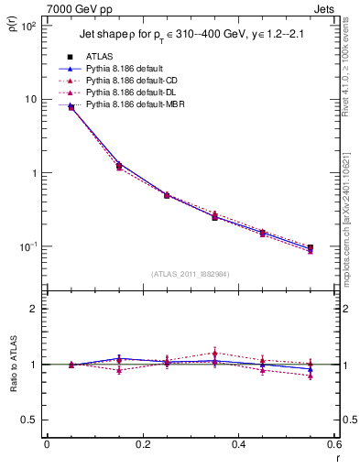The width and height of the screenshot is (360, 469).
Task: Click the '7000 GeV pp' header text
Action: pyautogui.click(x=82, y=7)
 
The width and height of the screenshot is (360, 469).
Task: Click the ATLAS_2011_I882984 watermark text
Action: pyautogui.click(x=190, y=274)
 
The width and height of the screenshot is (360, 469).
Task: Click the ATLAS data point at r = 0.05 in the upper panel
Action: pyautogui.click(x=71, y=107)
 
